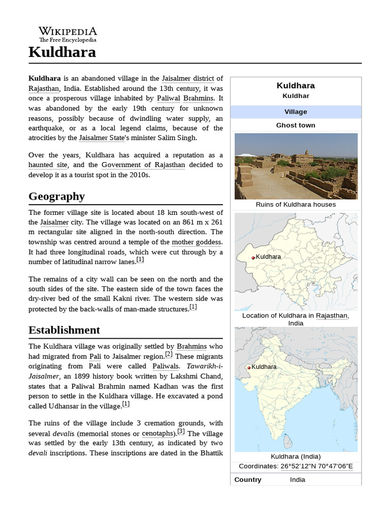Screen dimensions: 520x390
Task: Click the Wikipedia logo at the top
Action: [68, 34]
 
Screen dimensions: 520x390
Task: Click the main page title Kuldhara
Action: [62, 52]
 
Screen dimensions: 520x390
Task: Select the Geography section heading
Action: [56, 196]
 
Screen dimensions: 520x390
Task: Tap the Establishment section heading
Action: [64, 330]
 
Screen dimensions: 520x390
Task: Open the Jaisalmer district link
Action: [188, 78]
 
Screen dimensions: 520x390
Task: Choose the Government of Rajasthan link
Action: [143, 165]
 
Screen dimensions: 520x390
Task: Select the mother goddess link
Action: [197, 242]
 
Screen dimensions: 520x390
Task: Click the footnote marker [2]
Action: [169, 354]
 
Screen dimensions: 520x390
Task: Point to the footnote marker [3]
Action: [181, 432]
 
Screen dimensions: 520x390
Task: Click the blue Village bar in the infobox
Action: [296, 112]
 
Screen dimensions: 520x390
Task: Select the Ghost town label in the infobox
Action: [296, 125]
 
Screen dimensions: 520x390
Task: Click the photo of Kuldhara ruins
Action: [296, 166]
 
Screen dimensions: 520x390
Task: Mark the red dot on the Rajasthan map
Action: [253, 258]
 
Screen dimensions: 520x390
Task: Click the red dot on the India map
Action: [249, 368]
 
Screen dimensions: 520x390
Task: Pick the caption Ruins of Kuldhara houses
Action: [296, 205]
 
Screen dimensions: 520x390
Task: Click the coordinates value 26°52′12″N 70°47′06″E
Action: [317, 466]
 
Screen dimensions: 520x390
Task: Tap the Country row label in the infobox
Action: [248, 479]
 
